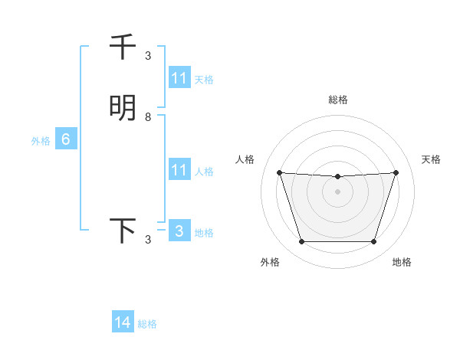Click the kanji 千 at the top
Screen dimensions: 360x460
[x=123, y=47]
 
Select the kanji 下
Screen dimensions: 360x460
[x=123, y=231]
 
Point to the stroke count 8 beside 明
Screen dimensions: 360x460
[x=148, y=117]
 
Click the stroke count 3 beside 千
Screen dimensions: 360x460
[x=148, y=56]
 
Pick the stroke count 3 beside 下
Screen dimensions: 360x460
[x=148, y=240]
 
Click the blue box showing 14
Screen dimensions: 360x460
[x=123, y=323]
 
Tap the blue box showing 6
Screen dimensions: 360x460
[x=66, y=139]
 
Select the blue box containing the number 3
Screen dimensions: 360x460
[x=179, y=231]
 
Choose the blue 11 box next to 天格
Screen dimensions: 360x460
[x=179, y=78]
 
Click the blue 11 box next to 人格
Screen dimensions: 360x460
[x=179, y=170]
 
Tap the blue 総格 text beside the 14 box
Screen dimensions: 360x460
[x=147, y=324]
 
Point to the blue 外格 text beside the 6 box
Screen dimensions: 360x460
[x=40, y=141]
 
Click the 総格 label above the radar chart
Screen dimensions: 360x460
[x=337, y=100]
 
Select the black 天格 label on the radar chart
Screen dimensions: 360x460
[x=432, y=159]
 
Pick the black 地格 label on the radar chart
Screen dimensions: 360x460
[x=402, y=262]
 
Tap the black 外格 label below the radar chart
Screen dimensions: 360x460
[x=270, y=262]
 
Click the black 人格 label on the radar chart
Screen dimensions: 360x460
[x=245, y=159]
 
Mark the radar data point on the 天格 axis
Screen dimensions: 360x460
[x=396, y=172]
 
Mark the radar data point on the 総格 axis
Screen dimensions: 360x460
[x=337, y=177]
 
